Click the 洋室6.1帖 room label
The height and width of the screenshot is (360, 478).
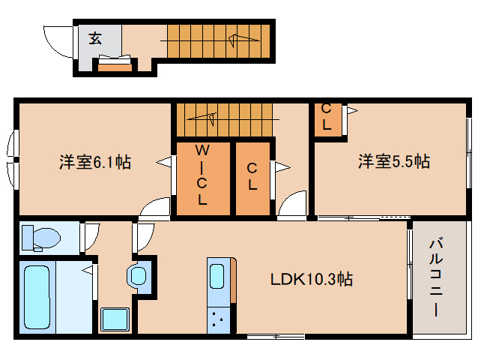pos(95,161)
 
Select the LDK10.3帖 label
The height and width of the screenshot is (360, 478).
pos(312,280)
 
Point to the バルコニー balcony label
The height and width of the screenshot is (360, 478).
pos(436,277)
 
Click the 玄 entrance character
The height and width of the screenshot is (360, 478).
pos(97,39)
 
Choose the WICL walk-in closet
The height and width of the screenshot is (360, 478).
pos(202,176)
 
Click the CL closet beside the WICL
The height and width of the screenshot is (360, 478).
pos(252,176)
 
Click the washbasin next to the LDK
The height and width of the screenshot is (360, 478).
pos(139,275)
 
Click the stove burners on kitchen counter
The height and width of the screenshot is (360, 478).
pos(220,319)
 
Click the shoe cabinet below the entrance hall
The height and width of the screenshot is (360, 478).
pos(115,68)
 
